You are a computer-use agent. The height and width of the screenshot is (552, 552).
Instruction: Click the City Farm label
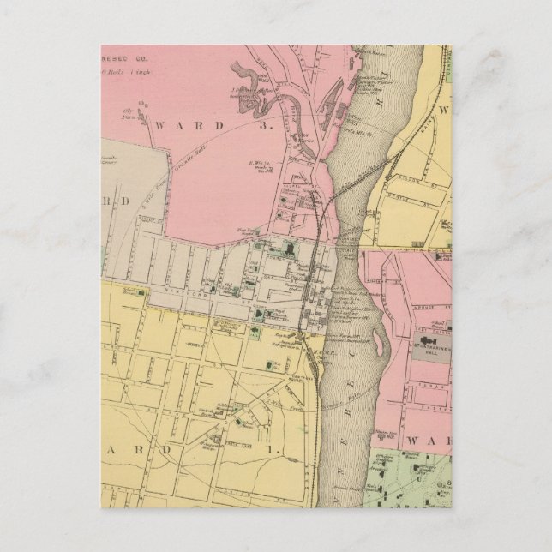coord(131,111)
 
